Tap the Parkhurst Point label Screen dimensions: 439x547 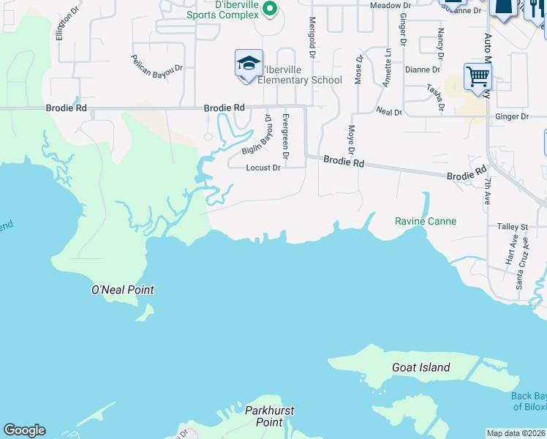tap(269, 416)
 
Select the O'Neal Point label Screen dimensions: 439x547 tap(122, 290)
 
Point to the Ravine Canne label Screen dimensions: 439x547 tap(426, 221)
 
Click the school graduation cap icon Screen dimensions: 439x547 tap(249, 63)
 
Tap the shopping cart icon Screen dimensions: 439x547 tap(478, 75)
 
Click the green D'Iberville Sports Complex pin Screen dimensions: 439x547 tap(269, 9)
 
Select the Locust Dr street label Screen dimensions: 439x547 tap(263, 168)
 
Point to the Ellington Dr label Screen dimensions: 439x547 tap(68, 25)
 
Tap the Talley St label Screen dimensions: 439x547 tap(512, 227)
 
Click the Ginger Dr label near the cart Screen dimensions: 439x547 tap(511, 116)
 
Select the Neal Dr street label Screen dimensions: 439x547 tap(388, 112)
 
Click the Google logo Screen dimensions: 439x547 tap(24, 430)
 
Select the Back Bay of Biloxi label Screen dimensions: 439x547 tap(528, 402)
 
